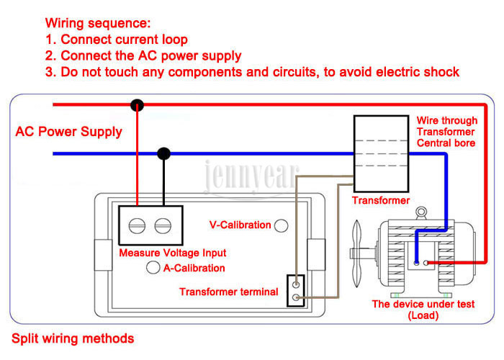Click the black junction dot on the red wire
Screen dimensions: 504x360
(138, 105)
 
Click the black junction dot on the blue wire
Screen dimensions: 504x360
(164, 153)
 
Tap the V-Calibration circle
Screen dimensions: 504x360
(282, 225)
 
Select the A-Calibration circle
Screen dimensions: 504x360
(153, 267)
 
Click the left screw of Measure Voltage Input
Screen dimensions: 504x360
(137, 225)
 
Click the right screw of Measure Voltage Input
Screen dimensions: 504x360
(163, 225)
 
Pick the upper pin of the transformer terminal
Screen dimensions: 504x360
(296, 284)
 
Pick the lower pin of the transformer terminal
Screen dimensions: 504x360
(296, 297)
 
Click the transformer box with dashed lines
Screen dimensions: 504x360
(381, 154)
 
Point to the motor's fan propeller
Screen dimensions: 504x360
(356, 253)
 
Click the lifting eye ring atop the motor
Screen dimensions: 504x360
(421, 213)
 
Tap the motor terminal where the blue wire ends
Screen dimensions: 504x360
(417, 263)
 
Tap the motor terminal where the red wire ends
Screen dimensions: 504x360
(426, 263)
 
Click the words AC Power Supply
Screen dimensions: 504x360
(69, 132)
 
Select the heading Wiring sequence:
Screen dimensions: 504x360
(98, 23)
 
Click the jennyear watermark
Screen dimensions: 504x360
(251, 176)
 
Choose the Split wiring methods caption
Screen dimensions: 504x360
(73, 338)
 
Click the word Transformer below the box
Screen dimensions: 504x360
(381, 200)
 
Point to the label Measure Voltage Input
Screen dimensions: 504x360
(173, 253)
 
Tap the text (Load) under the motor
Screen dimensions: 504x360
(423, 315)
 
